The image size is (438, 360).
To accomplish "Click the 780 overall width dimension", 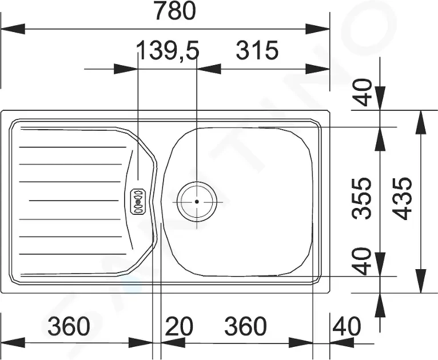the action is click(x=175, y=11).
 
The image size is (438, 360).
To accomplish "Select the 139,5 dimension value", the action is click(x=168, y=50).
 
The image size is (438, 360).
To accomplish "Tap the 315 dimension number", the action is click(x=257, y=50).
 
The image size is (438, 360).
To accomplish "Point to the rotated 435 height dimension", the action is click(x=402, y=198).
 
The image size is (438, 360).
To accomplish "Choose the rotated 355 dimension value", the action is click(x=363, y=198).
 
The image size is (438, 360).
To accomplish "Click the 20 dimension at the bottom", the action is click(x=179, y=326).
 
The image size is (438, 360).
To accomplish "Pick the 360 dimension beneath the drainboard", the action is click(x=69, y=326).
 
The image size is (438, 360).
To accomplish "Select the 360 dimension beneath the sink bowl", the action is click(x=245, y=326).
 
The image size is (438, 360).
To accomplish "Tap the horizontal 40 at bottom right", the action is click(x=347, y=326).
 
